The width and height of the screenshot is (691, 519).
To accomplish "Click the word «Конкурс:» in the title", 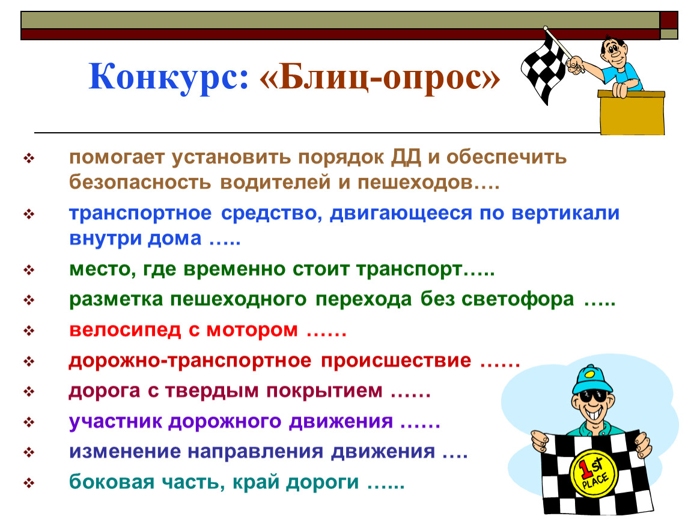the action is point(169,77).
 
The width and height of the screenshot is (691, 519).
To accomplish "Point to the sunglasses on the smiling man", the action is point(592,396).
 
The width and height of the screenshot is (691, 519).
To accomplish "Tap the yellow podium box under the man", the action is point(632,112).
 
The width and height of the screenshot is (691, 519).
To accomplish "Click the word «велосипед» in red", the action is point(125,330).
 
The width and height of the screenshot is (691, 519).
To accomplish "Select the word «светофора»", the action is point(518,300).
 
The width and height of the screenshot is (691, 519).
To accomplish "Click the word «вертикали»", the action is point(565,213).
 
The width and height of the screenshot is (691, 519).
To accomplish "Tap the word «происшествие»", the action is point(396,361).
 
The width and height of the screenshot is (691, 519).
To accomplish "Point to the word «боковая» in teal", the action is point(112,482).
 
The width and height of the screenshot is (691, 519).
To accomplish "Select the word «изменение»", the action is point(125,452).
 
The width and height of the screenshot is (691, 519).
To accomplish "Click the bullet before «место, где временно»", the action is point(29,270).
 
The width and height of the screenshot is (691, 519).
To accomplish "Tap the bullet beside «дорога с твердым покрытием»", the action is point(29,391).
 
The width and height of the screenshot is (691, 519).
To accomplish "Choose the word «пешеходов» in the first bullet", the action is point(415,183).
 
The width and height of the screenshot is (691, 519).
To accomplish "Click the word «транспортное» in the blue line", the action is point(141,214).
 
